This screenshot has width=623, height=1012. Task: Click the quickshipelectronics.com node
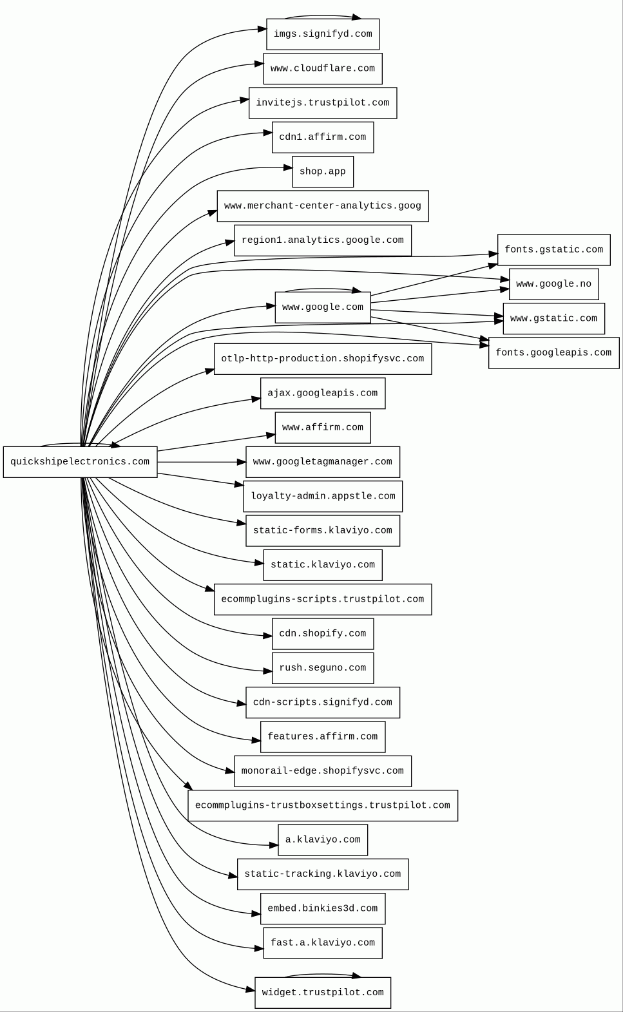click(81, 462)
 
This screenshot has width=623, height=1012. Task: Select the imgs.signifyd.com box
click(323, 34)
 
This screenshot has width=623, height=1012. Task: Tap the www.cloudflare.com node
click(323, 69)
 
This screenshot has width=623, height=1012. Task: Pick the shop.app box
click(323, 172)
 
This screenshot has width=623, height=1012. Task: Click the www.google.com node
click(323, 307)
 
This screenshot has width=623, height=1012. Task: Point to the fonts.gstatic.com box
click(554, 250)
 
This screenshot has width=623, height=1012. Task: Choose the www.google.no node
click(554, 284)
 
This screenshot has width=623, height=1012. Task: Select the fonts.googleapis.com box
click(554, 353)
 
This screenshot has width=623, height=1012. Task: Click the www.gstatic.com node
click(554, 318)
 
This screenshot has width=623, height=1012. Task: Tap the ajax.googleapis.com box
click(323, 393)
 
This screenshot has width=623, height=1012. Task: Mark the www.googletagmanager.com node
click(323, 462)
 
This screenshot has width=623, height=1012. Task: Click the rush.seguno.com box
click(323, 668)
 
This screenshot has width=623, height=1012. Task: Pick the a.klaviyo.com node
click(323, 839)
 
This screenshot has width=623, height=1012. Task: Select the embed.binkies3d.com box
click(323, 908)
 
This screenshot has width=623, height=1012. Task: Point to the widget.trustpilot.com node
click(323, 992)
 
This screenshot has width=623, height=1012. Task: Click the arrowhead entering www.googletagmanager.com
click(241, 462)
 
